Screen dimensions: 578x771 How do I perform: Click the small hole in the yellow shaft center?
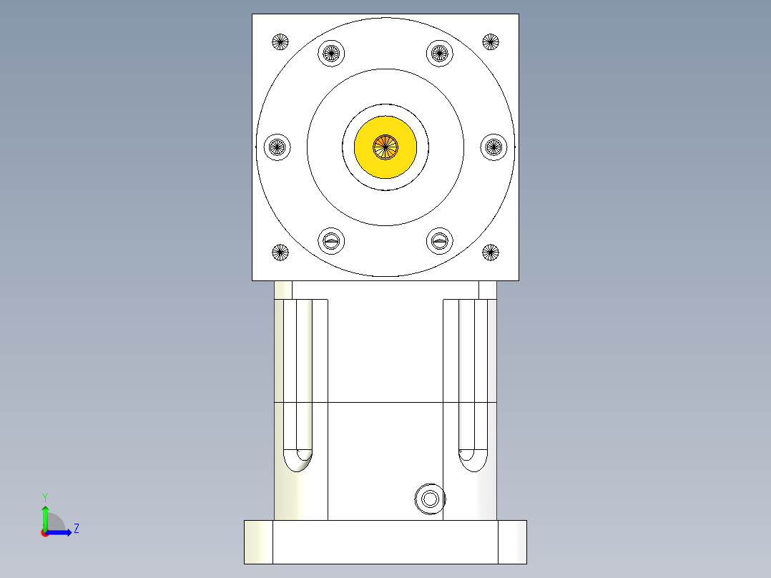[x=385, y=147]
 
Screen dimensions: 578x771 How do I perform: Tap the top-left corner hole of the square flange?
[x=280, y=41]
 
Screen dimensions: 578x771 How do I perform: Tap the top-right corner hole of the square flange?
[x=490, y=41]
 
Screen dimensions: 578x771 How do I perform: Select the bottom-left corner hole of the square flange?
[x=280, y=252]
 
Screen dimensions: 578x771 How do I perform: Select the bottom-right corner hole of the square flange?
[x=490, y=252]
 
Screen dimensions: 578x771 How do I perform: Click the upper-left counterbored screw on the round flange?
[x=330, y=53]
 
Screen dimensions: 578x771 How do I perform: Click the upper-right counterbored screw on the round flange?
[x=440, y=53]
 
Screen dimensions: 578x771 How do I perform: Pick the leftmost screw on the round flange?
[x=277, y=147]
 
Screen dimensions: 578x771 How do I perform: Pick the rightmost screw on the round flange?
[x=493, y=147]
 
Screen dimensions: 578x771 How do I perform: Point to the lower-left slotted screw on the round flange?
[x=330, y=241]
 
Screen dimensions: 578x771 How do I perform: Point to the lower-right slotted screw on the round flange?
[x=440, y=241]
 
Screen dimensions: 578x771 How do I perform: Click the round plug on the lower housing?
[x=430, y=498]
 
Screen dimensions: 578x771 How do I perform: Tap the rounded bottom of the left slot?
[x=298, y=461]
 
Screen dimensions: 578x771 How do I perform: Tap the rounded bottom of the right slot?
[x=473, y=461]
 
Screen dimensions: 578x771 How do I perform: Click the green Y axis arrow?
[x=44, y=514]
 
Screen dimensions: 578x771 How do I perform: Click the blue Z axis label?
[x=76, y=529]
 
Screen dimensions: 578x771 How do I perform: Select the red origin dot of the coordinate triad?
[x=44, y=533]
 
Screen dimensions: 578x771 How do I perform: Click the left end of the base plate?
[x=258, y=542]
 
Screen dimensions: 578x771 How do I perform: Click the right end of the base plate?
[x=512, y=542]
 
